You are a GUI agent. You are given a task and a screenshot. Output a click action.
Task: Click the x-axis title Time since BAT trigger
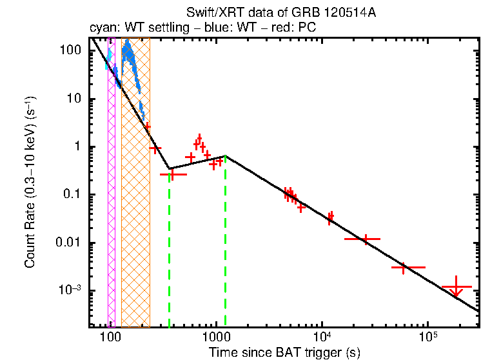tap(284, 352)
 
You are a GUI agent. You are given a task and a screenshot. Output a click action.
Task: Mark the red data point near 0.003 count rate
tap(404, 267)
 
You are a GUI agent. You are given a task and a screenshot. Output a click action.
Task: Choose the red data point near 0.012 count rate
tap(366, 239)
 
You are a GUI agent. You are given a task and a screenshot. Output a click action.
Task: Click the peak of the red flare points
tap(199, 137)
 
